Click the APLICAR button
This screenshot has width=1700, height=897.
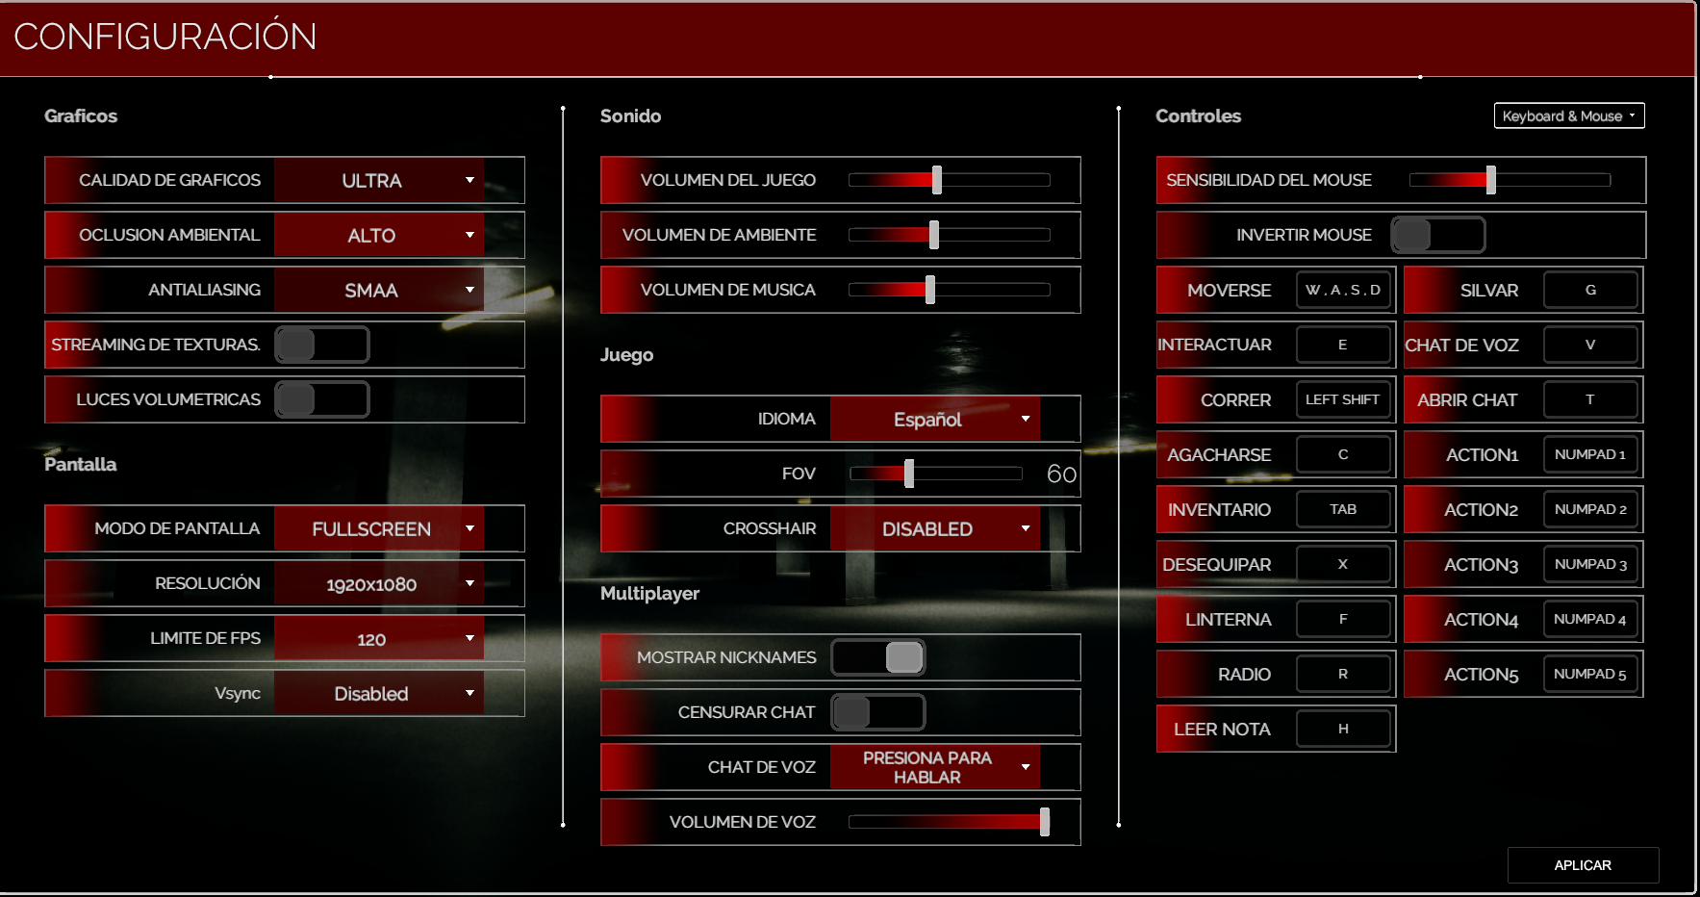1583,865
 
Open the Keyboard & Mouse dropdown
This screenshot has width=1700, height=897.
1568,115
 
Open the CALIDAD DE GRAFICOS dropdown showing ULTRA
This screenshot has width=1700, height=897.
379,180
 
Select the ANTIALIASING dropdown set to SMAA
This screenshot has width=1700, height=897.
379,290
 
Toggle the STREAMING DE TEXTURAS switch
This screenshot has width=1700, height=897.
322,345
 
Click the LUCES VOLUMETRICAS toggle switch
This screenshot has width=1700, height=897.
322,399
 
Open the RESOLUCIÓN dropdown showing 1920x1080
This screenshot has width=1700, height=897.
379,583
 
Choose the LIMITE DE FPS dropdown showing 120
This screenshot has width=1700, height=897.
379,638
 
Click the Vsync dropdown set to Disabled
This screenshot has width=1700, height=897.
379,693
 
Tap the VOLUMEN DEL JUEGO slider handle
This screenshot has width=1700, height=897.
936,180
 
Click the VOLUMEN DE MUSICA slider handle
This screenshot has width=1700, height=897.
929,290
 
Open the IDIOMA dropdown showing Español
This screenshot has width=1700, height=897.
935,419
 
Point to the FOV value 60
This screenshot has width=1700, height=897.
1061,474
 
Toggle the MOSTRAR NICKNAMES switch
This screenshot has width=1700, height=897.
878,657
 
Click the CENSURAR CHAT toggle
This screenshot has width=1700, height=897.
878,712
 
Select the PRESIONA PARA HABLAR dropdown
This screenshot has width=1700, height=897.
935,767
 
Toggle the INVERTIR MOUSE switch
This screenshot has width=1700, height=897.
1437,235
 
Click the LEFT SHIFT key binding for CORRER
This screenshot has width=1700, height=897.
1343,399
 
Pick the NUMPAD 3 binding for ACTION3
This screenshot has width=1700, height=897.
1590,564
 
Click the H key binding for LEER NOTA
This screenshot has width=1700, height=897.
1343,729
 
